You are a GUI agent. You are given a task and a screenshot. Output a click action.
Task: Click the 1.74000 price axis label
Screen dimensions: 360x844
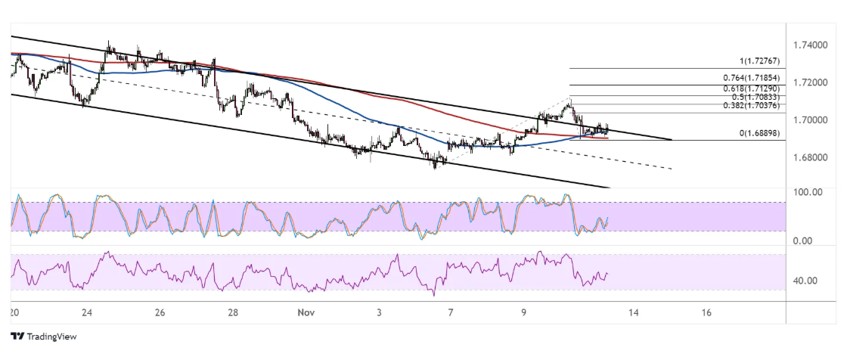(x=809, y=45)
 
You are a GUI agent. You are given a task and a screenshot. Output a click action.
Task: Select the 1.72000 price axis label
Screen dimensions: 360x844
(x=809, y=82)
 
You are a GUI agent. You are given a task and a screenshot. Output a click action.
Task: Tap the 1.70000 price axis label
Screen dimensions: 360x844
(x=809, y=119)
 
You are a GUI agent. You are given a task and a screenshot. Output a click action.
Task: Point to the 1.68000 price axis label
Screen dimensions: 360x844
(x=809, y=157)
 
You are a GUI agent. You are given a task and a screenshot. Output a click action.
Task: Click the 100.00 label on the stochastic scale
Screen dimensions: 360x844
(x=807, y=192)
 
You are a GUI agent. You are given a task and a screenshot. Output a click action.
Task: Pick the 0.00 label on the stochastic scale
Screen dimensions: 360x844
(x=804, y=241)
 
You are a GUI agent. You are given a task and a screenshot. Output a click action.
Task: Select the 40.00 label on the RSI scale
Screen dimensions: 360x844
(x=805, y=281)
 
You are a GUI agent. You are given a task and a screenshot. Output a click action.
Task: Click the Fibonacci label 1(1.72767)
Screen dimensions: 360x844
(x=762, y=61)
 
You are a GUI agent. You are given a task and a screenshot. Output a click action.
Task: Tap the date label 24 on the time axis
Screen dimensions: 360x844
(x=87, y=312)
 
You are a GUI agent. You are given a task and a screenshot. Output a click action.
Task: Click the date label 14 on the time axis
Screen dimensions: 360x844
(x=633, y=312)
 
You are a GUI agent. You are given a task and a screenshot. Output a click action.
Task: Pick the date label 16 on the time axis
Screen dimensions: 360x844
(x=706, y=312)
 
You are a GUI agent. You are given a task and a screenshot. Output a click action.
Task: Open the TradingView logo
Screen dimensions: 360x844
(x=44, y=337)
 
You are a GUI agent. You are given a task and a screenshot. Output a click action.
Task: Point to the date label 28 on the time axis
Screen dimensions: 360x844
(x=233, y=312)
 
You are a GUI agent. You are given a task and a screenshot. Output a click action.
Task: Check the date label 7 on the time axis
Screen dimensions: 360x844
(x=451, y=312)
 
